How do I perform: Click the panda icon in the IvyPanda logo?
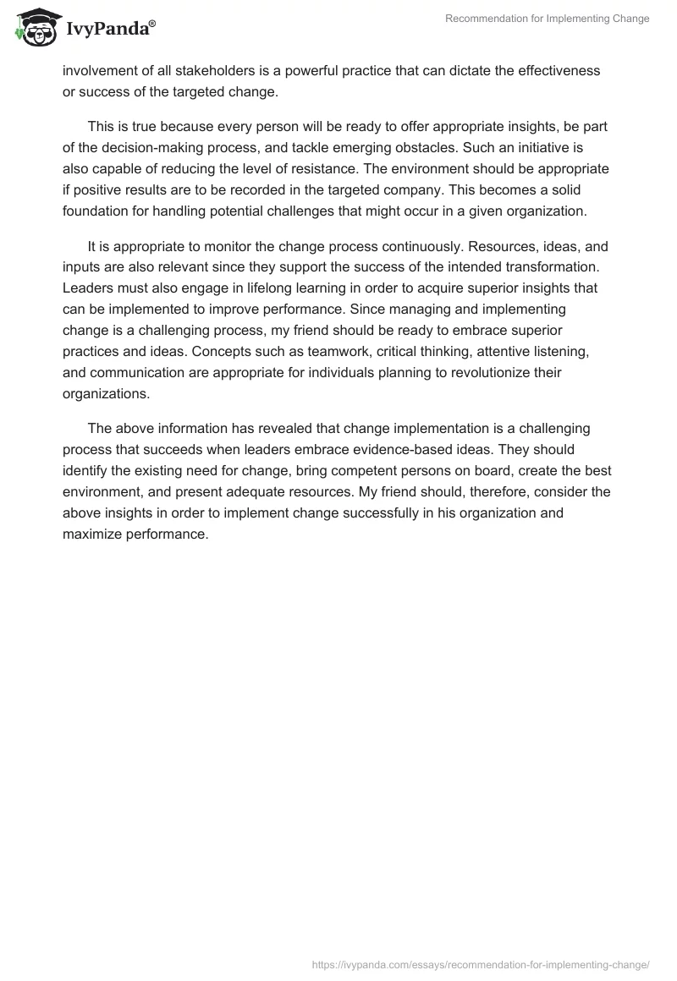33,27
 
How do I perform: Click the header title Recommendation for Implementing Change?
548,19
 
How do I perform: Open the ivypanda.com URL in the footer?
481,964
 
